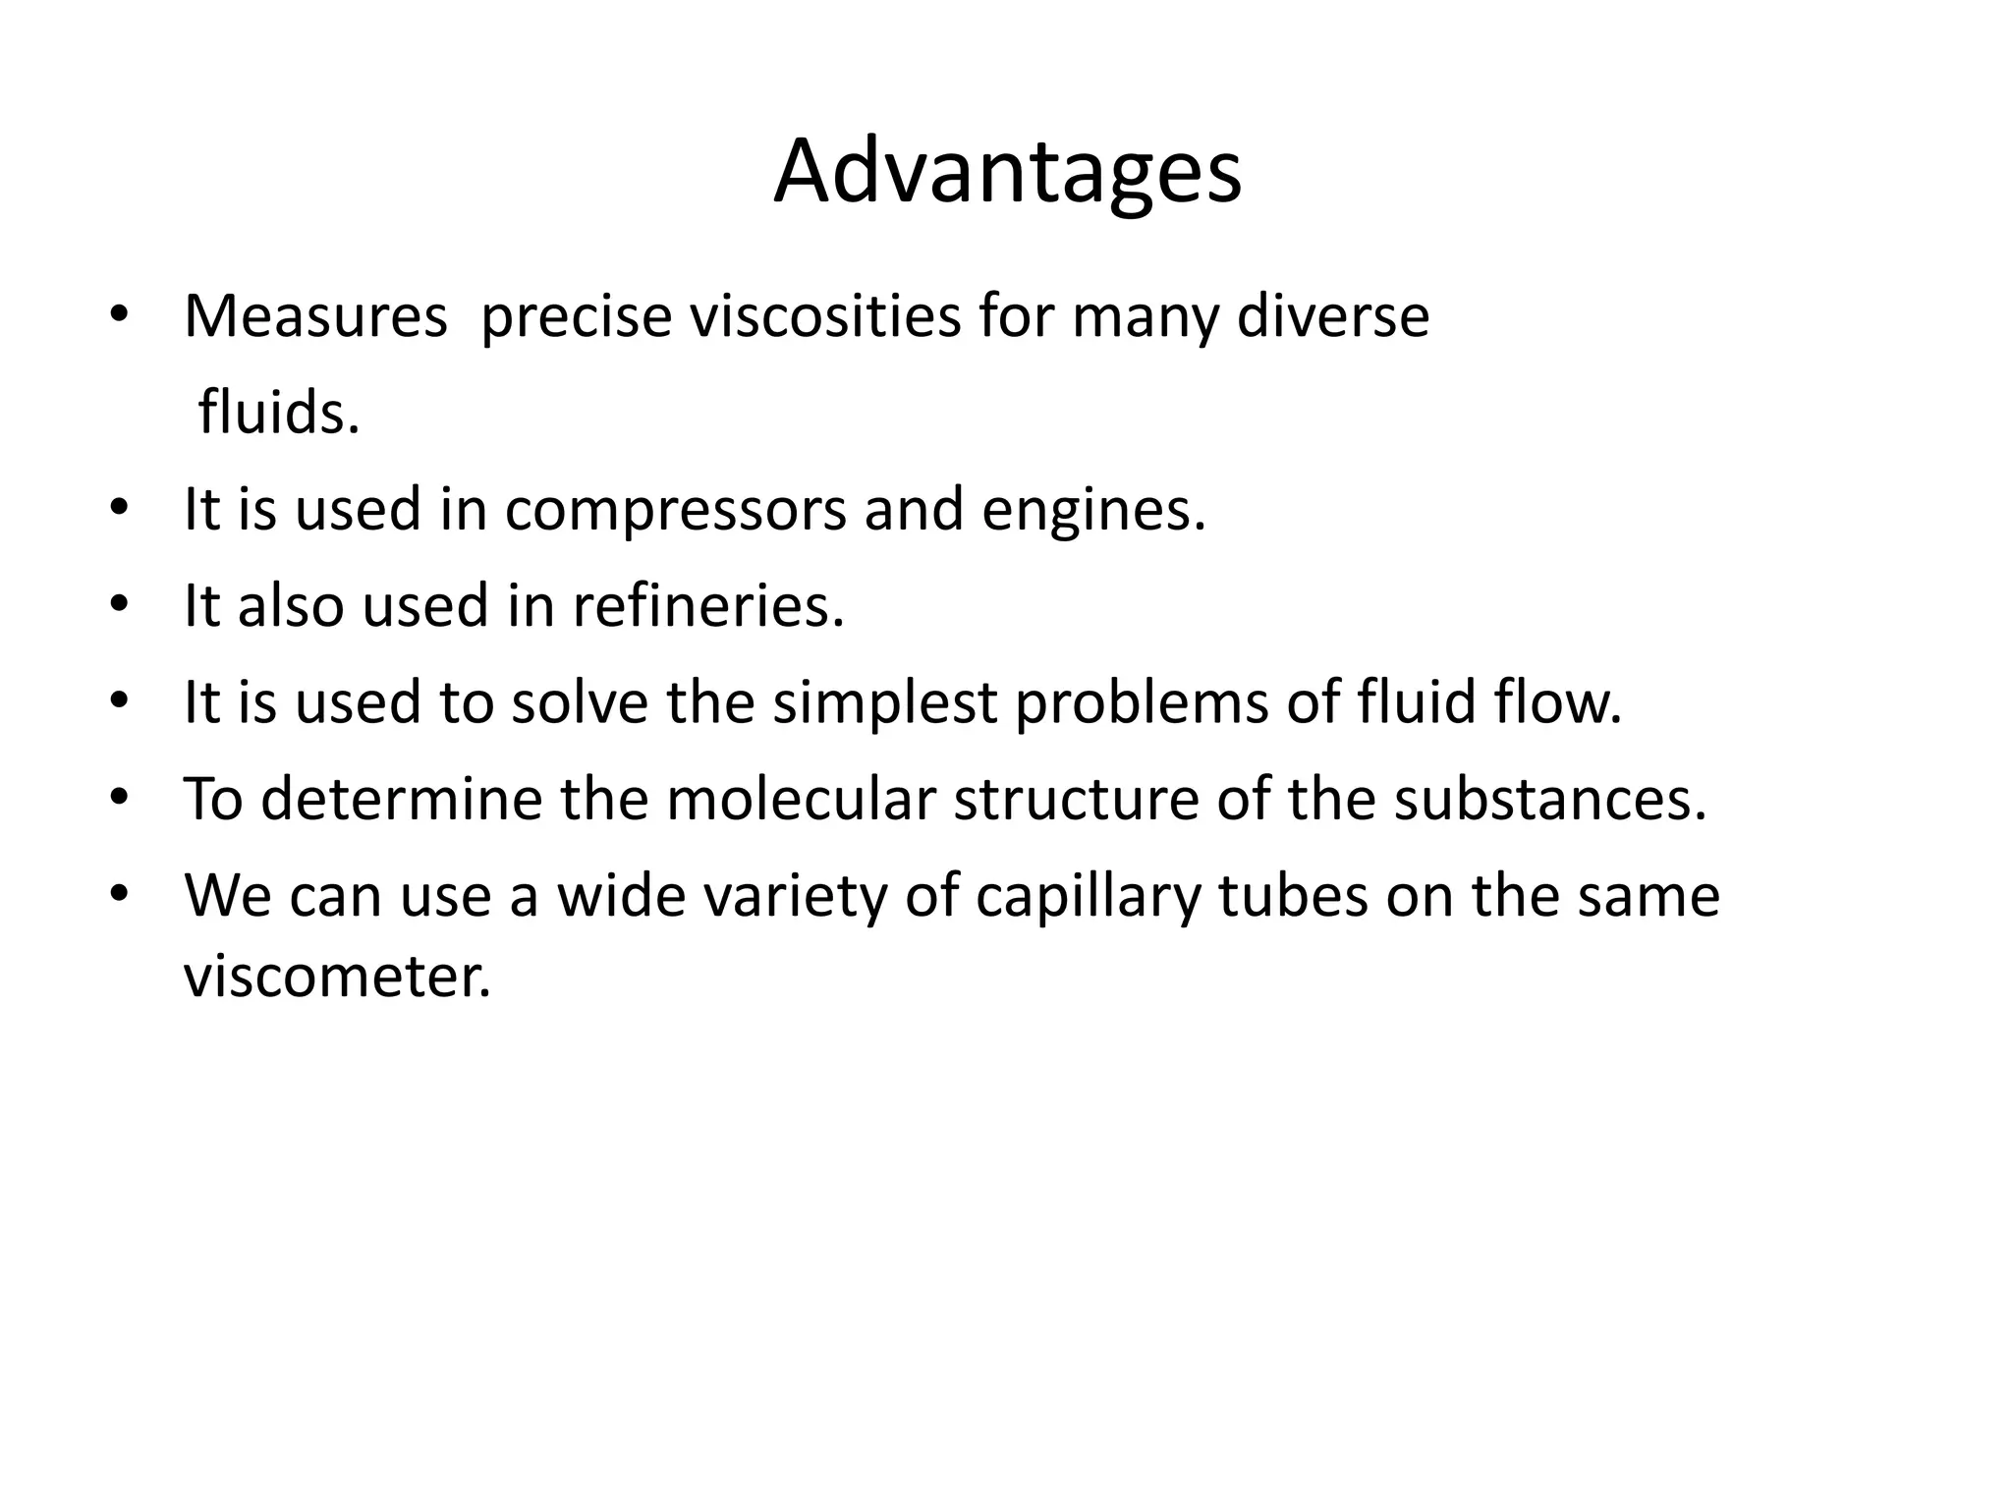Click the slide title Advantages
point(1007,173)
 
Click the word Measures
point(315,316)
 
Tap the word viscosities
point(824,316)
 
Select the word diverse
point(1332,316)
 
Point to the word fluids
point(279,413)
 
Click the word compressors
point(676,510)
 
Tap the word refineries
point(708,605)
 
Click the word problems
point(1142,703)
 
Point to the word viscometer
point(337,977)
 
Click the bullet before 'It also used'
point(119,605)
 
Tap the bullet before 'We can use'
point(119,895)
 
